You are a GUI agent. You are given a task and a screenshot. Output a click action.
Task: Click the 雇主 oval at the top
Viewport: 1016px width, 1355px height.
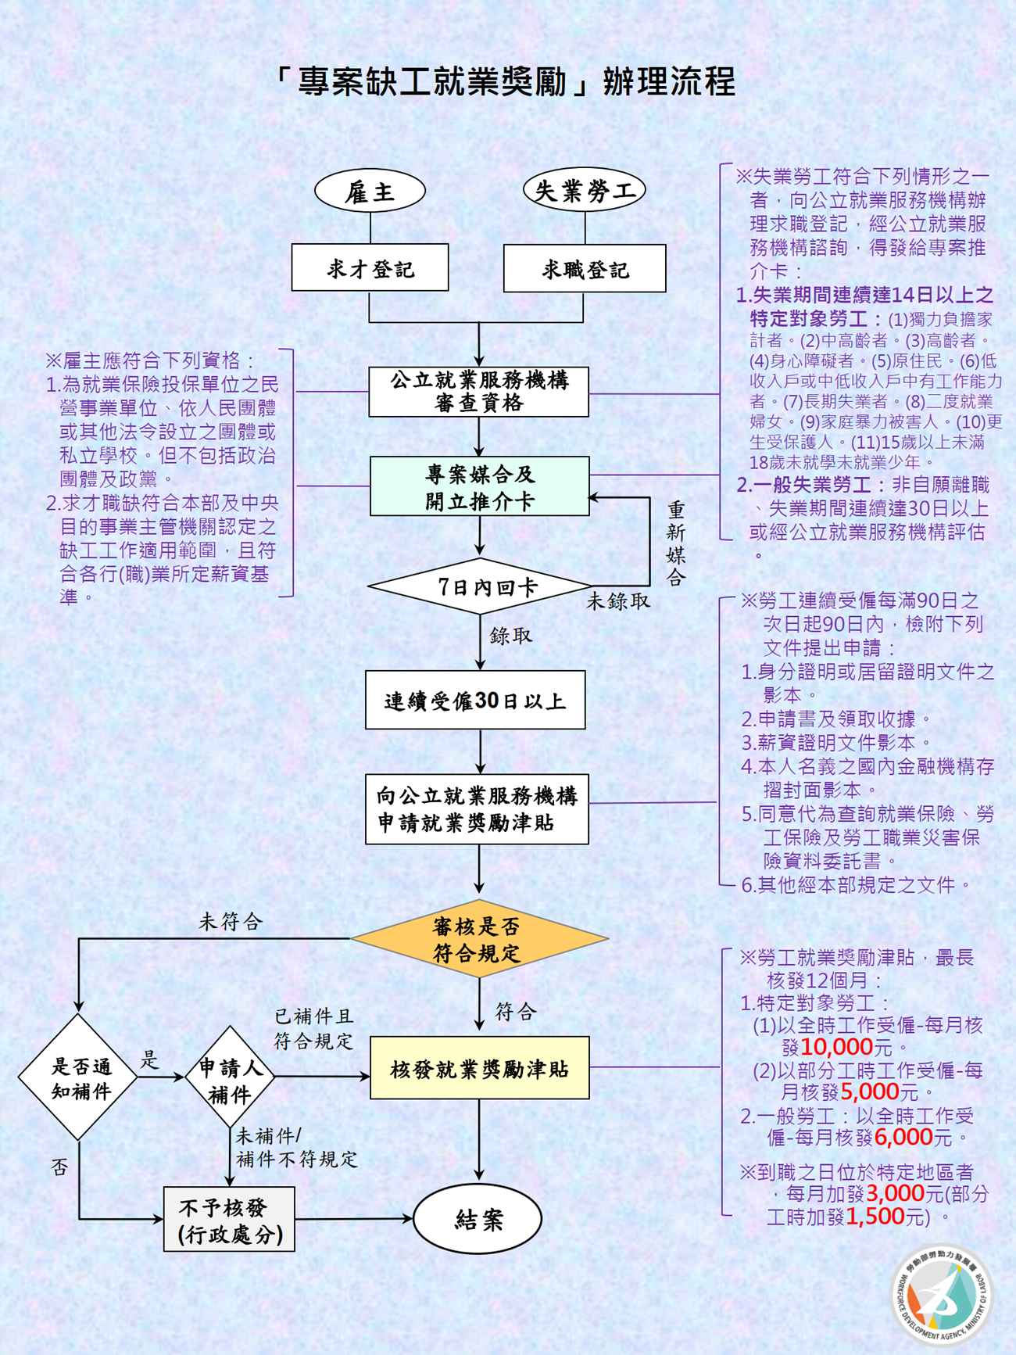pyautogui.click(x=370, y=192)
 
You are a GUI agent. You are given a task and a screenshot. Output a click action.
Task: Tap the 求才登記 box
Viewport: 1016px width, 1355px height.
pyautogui.click(x=370, y=268)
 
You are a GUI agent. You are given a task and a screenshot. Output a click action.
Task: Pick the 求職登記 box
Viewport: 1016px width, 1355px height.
pyautogui.click(x=585, y=269)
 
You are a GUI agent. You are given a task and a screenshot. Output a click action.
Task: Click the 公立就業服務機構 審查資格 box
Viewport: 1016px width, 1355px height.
pyautogui.click(x=479, y=392)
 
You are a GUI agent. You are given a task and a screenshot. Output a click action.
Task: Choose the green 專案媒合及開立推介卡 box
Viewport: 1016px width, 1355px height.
pyautogui.click(x=479, y=486)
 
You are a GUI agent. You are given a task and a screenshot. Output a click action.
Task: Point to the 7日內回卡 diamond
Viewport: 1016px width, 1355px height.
pyautogui.click(x=479, y=586)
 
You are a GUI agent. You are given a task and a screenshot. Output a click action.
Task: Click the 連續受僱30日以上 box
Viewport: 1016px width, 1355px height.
pyautogui.click(x=475, y=701)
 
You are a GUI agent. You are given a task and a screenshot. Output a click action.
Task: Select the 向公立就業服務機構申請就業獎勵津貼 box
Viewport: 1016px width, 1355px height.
pyautogui.click(x=477, y=809)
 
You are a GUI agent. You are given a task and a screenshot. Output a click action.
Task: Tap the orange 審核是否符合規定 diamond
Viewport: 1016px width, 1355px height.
pyautogui.click(x=478, y=940)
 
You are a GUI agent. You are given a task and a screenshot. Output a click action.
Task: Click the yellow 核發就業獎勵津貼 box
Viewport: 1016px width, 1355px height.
pyautogui.click(x=479, y=1068)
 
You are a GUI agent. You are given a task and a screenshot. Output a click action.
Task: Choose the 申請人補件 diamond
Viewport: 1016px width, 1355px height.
pyautogui.click(x=230, y=1081)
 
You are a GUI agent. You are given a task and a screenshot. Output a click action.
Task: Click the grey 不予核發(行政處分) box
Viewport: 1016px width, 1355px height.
pyautogui.click(x=229, y=1219)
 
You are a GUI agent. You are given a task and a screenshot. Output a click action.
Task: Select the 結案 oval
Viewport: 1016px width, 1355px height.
pyautogui.click(x=478, y=1219)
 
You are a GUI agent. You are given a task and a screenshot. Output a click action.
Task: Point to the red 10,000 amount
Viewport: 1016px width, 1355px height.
pyautogui.click(x=836, y=1047)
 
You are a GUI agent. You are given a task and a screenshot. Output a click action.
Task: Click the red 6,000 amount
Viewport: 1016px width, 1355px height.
pyautogui.click(x=903, y=1138)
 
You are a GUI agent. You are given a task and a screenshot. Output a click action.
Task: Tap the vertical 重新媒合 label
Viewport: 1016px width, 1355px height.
pyautogui.click(x=675, y=543)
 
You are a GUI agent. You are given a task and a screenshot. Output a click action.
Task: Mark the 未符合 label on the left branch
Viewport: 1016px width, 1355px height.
pyautogui.click(x=231, y=922)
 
